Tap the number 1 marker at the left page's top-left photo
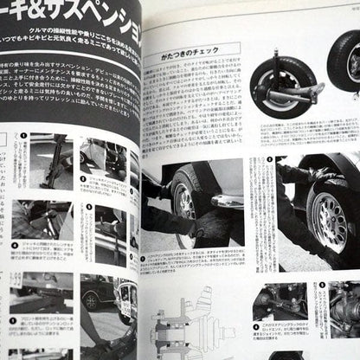tap(23, 136)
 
